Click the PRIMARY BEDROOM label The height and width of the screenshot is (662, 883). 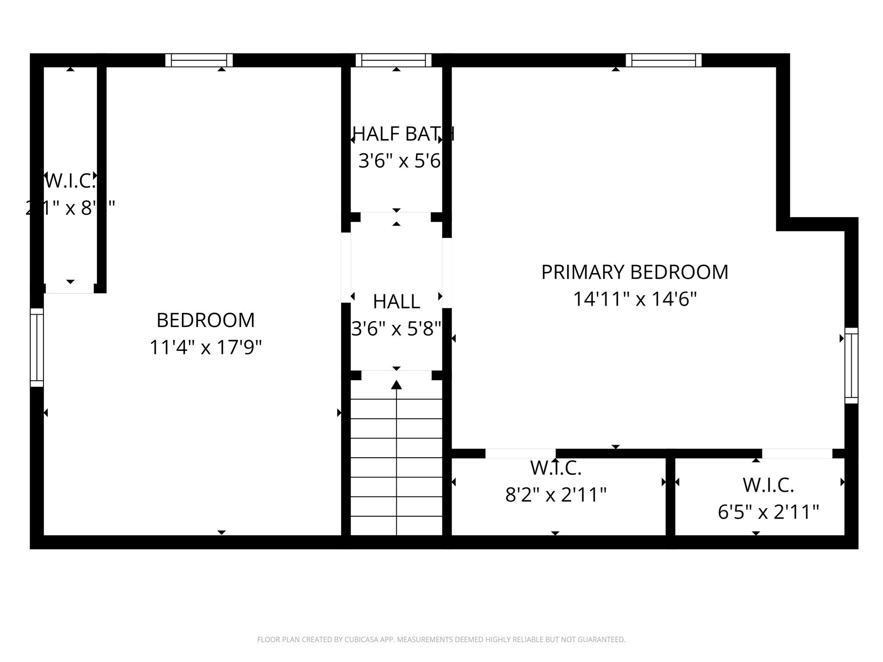tap(635, 272)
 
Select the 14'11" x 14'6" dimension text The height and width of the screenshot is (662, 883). tap(635, 299)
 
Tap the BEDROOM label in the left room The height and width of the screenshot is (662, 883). tap(206, 320)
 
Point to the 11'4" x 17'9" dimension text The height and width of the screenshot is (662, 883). tap(206, 347)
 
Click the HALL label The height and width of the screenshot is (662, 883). tap(396, 302)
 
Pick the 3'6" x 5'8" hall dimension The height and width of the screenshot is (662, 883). tap(396, 329)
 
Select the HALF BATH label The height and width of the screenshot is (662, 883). tap(403, 134)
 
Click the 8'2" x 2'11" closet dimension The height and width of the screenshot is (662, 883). tap(556, 495)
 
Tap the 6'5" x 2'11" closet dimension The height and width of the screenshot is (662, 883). tap(768, 512)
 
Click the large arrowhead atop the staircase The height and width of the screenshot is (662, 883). tap(396, 385)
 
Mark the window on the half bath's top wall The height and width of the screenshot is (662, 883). tap(393, 60)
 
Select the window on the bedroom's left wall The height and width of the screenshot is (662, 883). tap(37, 347)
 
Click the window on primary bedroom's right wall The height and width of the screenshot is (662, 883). tap(851, 365)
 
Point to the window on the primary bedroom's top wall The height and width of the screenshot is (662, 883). tap(664, 60)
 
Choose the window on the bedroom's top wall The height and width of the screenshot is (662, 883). tap(199, 60)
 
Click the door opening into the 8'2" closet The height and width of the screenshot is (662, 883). tap(520, 453)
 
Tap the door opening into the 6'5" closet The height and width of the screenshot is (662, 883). tap(797, 453)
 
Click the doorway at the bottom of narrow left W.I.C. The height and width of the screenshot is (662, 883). tap(70, 288)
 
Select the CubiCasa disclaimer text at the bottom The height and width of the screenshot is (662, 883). tap(441, 640)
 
